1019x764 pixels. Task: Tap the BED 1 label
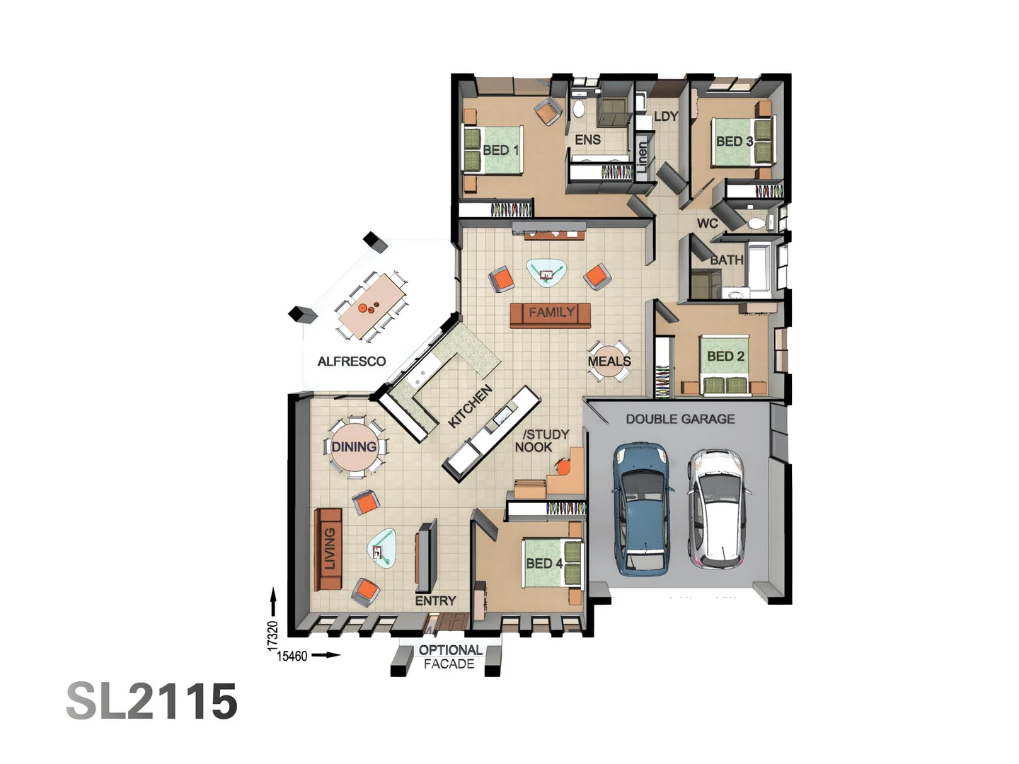pyautogui.click(x=501, y=150)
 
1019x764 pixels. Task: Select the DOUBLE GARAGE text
pyautogui.click(x=680, y=419)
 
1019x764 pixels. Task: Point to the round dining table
pyautogui.click(x=355, y=446)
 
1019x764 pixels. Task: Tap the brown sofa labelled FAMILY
pyautogui.click(x=551, y=315)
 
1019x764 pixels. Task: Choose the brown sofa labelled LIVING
pyautogui.click(x=328, y=549)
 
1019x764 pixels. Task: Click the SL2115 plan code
pyautogui.click(x=152, y=701)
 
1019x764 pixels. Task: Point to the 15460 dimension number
pyautogui.click(x=292, y=656)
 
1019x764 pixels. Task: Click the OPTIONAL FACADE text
pyautogui.click(x=449, y=656)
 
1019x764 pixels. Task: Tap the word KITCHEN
pyautogui.click(x=470, y=407)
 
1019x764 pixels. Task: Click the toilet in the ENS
pyautogui.click(x=579, y=108)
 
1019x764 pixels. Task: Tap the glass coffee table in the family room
pyautogui.click(x=546, y=272)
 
